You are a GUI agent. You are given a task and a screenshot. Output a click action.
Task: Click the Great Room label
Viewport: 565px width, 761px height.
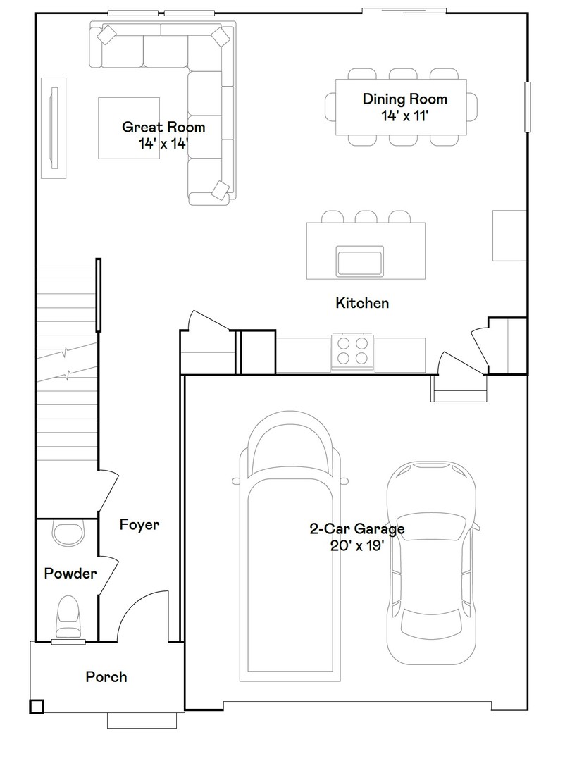click(163, 127)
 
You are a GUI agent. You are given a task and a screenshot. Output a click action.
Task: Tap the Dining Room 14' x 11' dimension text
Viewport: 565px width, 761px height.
click(404, 116)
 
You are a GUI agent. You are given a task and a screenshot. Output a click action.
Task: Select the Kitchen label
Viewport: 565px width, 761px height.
click(362, 303)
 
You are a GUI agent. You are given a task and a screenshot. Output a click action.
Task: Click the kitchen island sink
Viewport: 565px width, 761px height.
click(361, 261)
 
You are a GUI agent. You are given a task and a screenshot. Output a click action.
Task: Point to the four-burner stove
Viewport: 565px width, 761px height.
click(352, 350)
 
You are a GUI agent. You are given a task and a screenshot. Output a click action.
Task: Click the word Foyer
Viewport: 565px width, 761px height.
click(139, 524)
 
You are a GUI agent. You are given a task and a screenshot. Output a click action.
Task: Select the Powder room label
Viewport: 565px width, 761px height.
click(70, 574)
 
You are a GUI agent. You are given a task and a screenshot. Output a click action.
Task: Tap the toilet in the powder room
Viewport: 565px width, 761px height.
click(68, 617)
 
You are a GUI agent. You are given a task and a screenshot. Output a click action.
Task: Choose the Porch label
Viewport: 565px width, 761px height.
click(106, 676)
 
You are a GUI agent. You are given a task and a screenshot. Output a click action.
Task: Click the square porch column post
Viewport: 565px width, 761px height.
click(36, 705)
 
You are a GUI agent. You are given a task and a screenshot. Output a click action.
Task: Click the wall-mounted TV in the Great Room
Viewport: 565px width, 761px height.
click(54, 127)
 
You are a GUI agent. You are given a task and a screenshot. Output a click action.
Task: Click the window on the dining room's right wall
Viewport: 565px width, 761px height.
click(526, 106)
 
